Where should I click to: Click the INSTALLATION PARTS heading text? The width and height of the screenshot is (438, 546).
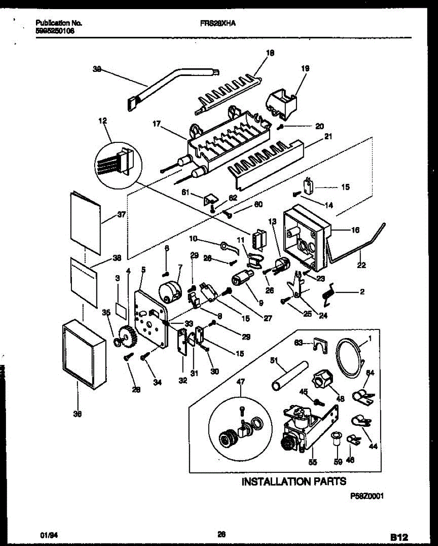click(293, 481)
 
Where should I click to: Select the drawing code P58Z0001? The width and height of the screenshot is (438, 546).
click(367, 497)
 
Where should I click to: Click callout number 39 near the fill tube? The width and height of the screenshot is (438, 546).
click(96, 70)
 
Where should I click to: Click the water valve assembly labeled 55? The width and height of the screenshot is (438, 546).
click(305, 428)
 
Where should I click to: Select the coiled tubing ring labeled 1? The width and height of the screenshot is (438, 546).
click(350, 359)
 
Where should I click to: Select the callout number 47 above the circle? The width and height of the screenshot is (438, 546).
click(240, 382)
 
